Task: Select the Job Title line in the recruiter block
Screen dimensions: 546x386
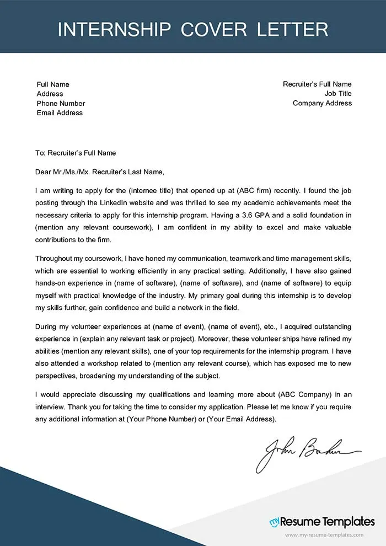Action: point(337,94)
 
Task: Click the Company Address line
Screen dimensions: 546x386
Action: point(322,103)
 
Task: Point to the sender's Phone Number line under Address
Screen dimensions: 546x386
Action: point(61,103)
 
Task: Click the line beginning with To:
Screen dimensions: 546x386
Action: point(76,153)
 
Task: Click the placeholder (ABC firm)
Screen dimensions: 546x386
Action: point(256,190)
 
